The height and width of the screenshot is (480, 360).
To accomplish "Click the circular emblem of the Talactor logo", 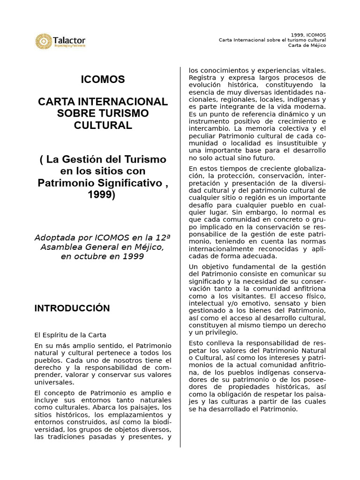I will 43,41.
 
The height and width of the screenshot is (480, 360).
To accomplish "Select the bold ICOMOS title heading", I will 103,80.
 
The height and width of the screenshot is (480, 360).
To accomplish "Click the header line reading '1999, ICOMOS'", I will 308,35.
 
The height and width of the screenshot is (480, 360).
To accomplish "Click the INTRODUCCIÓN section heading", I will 72,308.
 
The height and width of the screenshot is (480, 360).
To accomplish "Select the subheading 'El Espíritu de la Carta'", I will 70,335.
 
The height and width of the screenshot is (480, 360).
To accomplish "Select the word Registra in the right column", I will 202,78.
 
